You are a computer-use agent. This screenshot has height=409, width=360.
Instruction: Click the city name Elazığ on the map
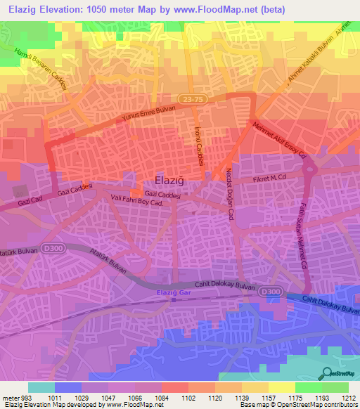tap(169, 179)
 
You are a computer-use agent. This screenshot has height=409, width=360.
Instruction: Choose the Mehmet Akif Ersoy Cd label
tap(281, 140)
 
